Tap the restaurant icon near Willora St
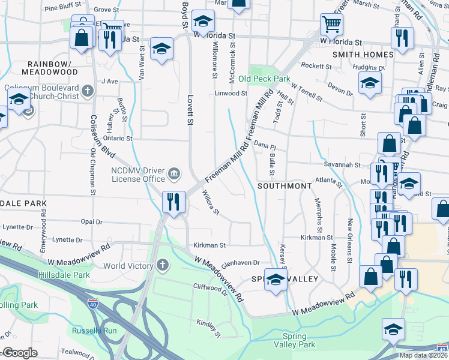[x=173, y=202]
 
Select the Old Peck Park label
[x=264, y=79]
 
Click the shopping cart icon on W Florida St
[x=331, y=25]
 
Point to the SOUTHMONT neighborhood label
[x=285, y=186]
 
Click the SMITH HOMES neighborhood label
[x=363, y=55]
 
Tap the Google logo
[x=20, y=352]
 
